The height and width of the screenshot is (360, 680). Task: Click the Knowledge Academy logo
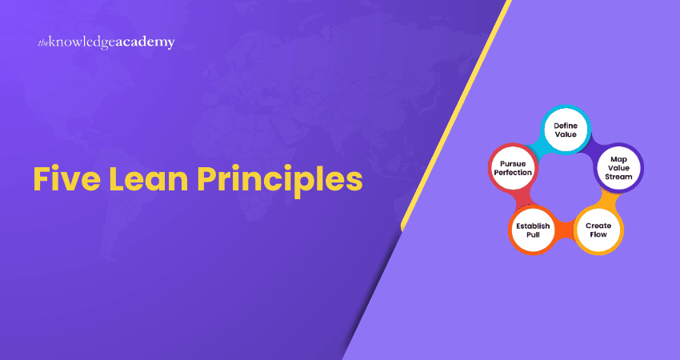pos(106,42)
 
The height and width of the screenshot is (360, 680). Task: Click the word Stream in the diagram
pos(618,176)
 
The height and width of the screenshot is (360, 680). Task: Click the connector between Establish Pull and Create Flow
pos(565,231)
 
